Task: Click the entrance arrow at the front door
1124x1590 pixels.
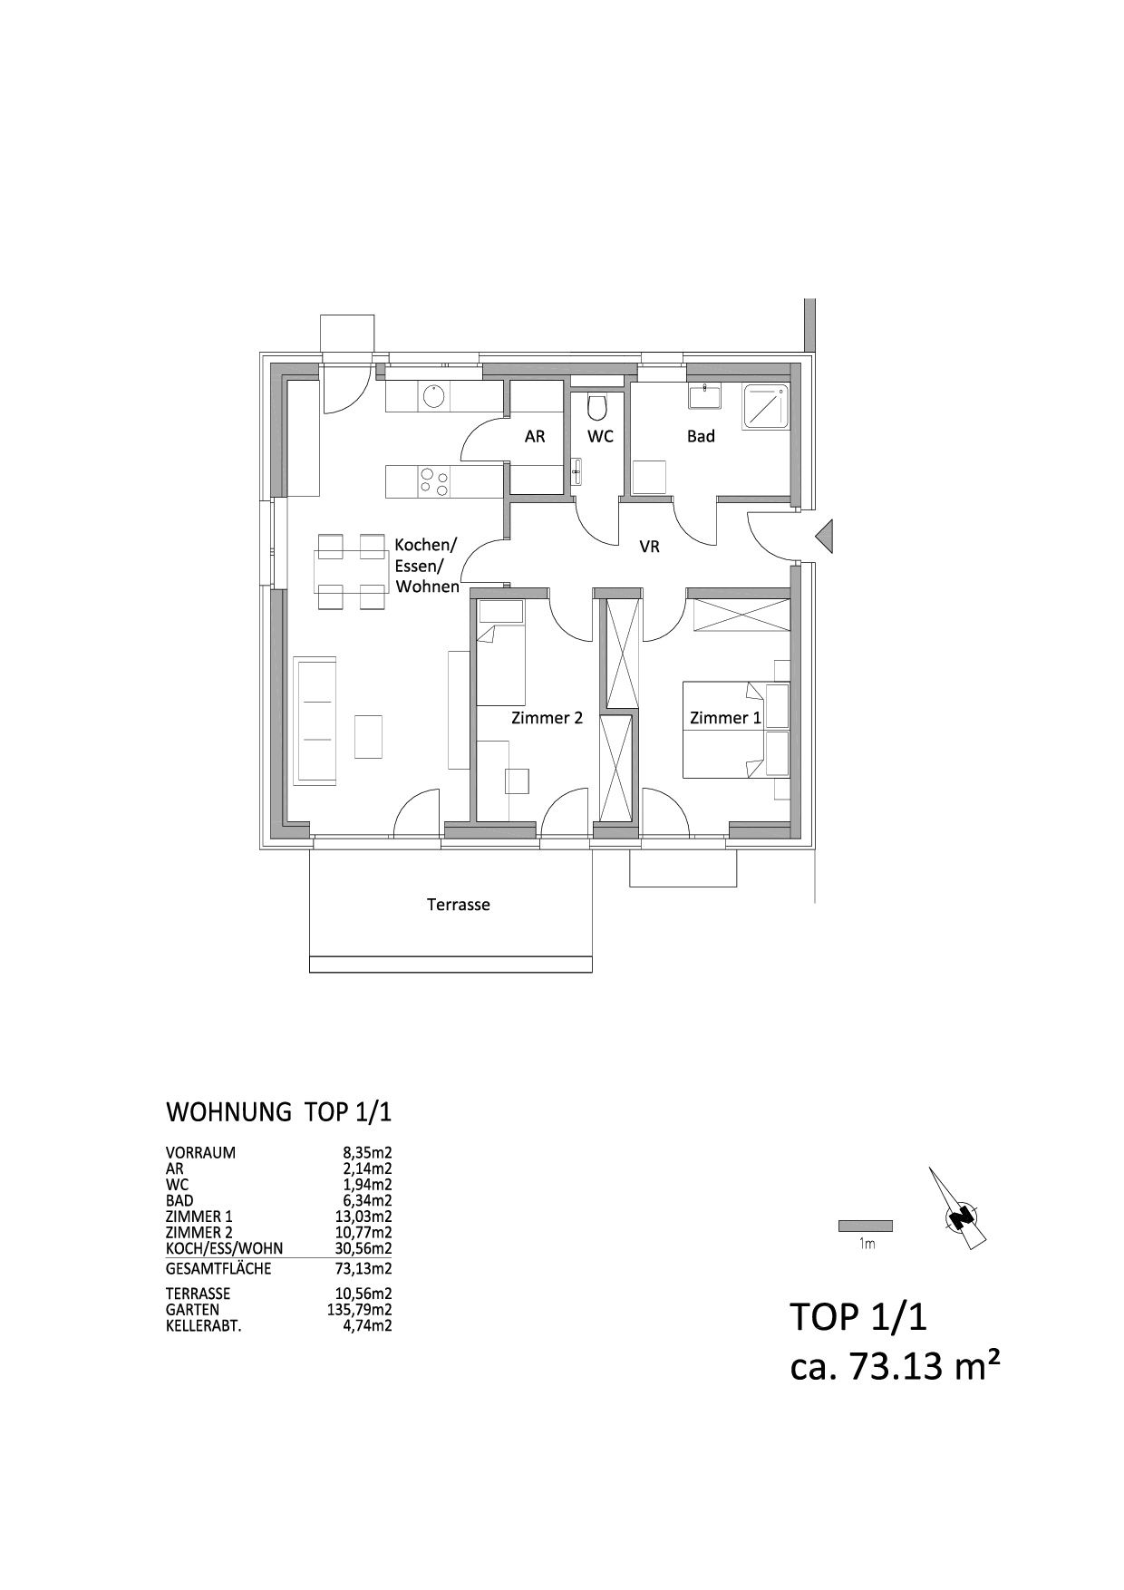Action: tap(824, 538)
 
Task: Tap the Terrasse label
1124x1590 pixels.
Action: tap(459, 905)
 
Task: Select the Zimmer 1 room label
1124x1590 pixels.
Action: tap(726, 718)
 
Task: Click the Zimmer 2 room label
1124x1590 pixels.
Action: tap(547, 718)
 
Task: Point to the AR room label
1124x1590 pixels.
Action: tap(535, 436)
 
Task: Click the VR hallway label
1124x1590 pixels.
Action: tap(649, 547)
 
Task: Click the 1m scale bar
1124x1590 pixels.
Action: tap(866, 1226)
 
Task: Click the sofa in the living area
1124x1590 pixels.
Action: tap(316, 722)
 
